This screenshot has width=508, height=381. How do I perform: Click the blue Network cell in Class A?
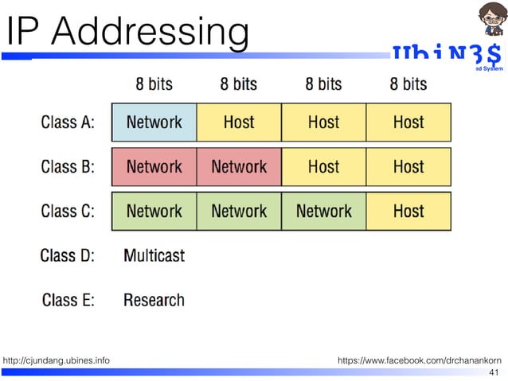coord(154,122)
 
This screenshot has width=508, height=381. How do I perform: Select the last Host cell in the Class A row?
coord(408,122)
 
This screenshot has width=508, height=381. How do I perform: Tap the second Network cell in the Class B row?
coord(239,167)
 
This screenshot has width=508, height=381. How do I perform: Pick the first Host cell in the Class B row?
coord(323,167)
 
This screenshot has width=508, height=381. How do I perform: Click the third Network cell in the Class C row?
coord(323,212)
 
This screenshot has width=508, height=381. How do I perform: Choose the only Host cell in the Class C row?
coord(408,212)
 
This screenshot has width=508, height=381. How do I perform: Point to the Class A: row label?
coord(68,122)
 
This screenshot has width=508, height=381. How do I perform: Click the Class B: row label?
coord(68,167)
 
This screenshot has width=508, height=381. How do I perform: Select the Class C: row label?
coord(68,212)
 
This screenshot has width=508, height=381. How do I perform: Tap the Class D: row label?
coord(68,255)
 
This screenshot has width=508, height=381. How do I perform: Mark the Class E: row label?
coord(68,300)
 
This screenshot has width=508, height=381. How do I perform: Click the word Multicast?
coord(154,255)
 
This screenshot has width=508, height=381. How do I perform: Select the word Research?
coord(154,300)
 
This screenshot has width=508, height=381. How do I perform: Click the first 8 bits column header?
coord(154,84)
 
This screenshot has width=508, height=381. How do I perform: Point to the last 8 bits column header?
coord(408,84)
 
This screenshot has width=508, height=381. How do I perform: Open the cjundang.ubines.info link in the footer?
coord(57,361)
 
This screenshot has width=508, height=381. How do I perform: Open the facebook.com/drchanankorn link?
coord(419,361)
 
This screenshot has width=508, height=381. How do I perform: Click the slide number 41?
coord(493,372)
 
